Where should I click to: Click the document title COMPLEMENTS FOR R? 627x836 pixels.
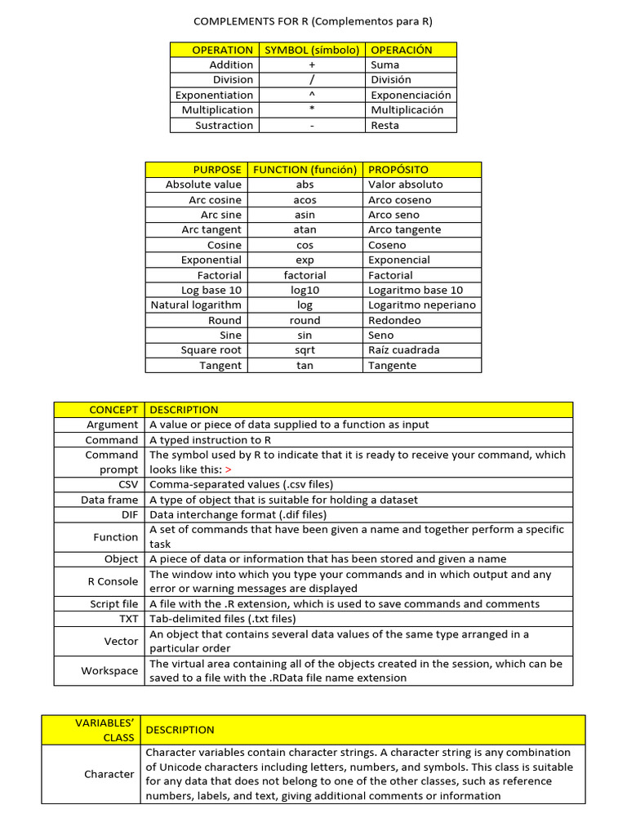click(x=313, y=20)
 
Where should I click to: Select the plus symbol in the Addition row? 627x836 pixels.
click(x=312, y=65)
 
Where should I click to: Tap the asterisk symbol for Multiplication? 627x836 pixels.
click(x=312, y=110)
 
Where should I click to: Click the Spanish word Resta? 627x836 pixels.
click(x=385, y=125)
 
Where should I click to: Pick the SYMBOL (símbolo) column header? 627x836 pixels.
click(x=312, y=50)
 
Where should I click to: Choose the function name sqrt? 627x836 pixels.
click(x=305, y=350)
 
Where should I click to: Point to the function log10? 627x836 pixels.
click(x=305, y=290)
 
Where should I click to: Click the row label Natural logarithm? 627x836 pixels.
click(x=196, y=305)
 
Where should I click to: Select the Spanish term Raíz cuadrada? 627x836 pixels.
click(x=403, y=350)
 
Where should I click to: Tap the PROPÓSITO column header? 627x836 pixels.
click(x=398, y=170)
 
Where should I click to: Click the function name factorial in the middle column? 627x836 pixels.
click(x=305, y=275)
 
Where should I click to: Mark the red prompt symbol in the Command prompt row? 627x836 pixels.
click(x=228, y=470)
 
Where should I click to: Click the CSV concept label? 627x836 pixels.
click(x=127, y=484)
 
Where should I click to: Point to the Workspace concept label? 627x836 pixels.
click(x=109, y=670)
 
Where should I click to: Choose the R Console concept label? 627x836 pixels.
click(x=113, y=581)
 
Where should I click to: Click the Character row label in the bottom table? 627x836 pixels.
click(x=109, y=774)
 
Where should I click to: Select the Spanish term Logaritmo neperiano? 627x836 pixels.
click(x=421, y=305)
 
